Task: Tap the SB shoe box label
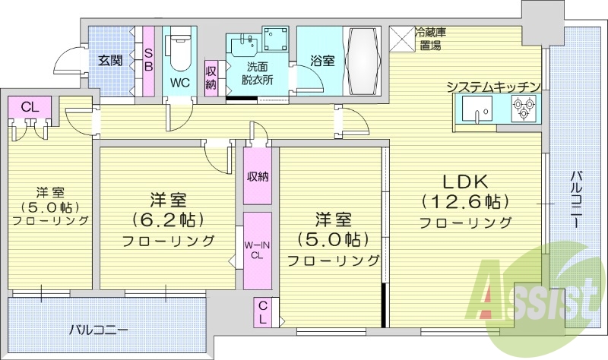[149, 61]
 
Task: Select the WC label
[180, 81]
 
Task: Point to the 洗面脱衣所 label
[255, 72]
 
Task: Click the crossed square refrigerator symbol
[401, 38]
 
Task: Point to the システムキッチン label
[493, 87]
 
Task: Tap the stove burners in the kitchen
[523, 114]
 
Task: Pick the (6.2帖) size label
[168, 221]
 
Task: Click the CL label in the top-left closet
[30, 106]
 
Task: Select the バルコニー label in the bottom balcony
[98, 330]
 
